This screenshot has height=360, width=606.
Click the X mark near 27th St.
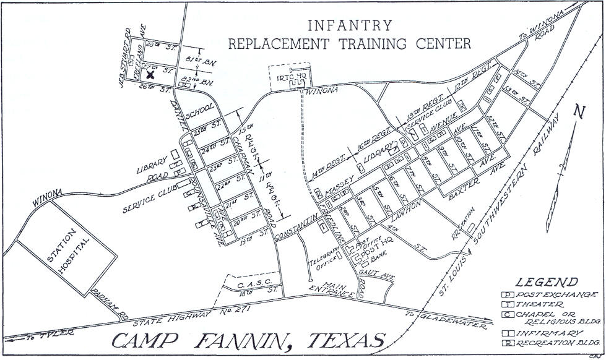tap(150, 74)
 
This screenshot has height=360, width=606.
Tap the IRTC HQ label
tap(290, 77)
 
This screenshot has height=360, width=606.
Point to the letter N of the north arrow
tap(579, 113)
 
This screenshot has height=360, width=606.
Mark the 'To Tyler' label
tap(49, 333)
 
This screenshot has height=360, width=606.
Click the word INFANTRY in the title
tap(350, 25)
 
